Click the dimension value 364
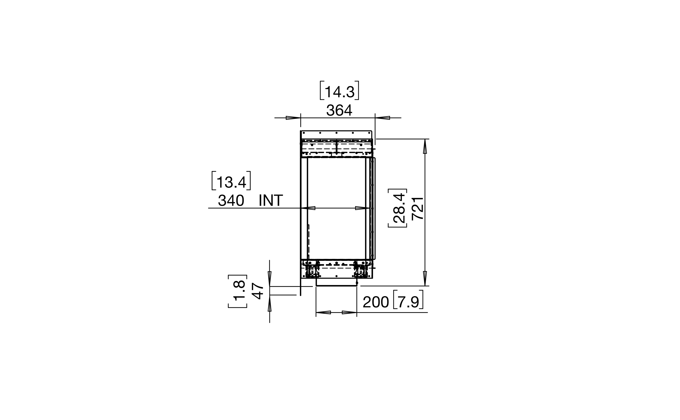[339, 110]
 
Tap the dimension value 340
[231, 200]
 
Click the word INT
[271, 200]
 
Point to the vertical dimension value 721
[417, 208]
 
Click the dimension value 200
[376, 302]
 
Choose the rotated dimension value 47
[257, 291]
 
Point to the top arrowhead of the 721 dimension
[425, 146]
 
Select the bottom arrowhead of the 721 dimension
[425, 278]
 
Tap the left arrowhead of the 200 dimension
[323, 313]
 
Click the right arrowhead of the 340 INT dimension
[362, 208]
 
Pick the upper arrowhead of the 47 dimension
[269, 278]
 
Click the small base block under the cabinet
[336, 282]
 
